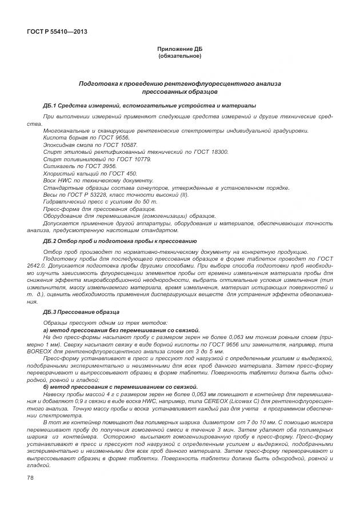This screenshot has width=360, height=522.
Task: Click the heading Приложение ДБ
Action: pyautogui.click(x=179, y=49)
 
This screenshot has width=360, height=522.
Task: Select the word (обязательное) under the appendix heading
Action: pyautogui.click(x=179, y=56)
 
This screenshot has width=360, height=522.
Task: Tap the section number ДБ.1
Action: pyautogui.click(x=50, y=105)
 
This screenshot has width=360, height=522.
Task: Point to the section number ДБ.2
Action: pyautogui.click(x=50, y=241)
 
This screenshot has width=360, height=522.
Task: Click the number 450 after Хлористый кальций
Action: pyautogui.click(x=131, y=173)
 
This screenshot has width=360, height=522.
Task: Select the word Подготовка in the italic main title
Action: pyautogui.click(x=100, y=83)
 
